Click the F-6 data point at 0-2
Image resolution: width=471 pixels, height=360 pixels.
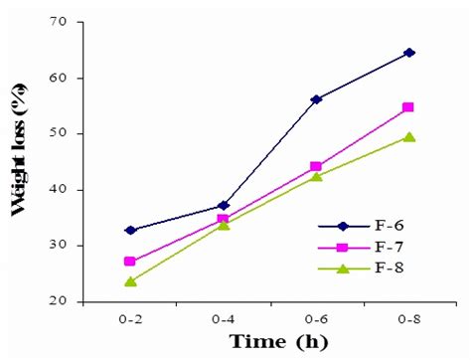tap(130, 230)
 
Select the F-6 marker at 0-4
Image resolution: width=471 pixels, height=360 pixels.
tap(223, 206)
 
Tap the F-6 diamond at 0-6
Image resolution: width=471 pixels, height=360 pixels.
tap(316, 99)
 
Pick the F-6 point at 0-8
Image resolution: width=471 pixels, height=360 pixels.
tap(408, 52)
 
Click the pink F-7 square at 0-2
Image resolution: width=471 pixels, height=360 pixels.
tap(130, 262)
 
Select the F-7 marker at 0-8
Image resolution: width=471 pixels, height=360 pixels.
tap(408, 107)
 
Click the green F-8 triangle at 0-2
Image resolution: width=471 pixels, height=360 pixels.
tap(130, 281)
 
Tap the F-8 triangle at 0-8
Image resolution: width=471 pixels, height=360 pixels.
tap(408, 137)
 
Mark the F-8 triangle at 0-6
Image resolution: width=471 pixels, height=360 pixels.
tap(316, 176)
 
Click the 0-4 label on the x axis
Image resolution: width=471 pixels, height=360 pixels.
tap(223, 317)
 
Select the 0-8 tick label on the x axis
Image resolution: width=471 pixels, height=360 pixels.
tap(408, 317)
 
